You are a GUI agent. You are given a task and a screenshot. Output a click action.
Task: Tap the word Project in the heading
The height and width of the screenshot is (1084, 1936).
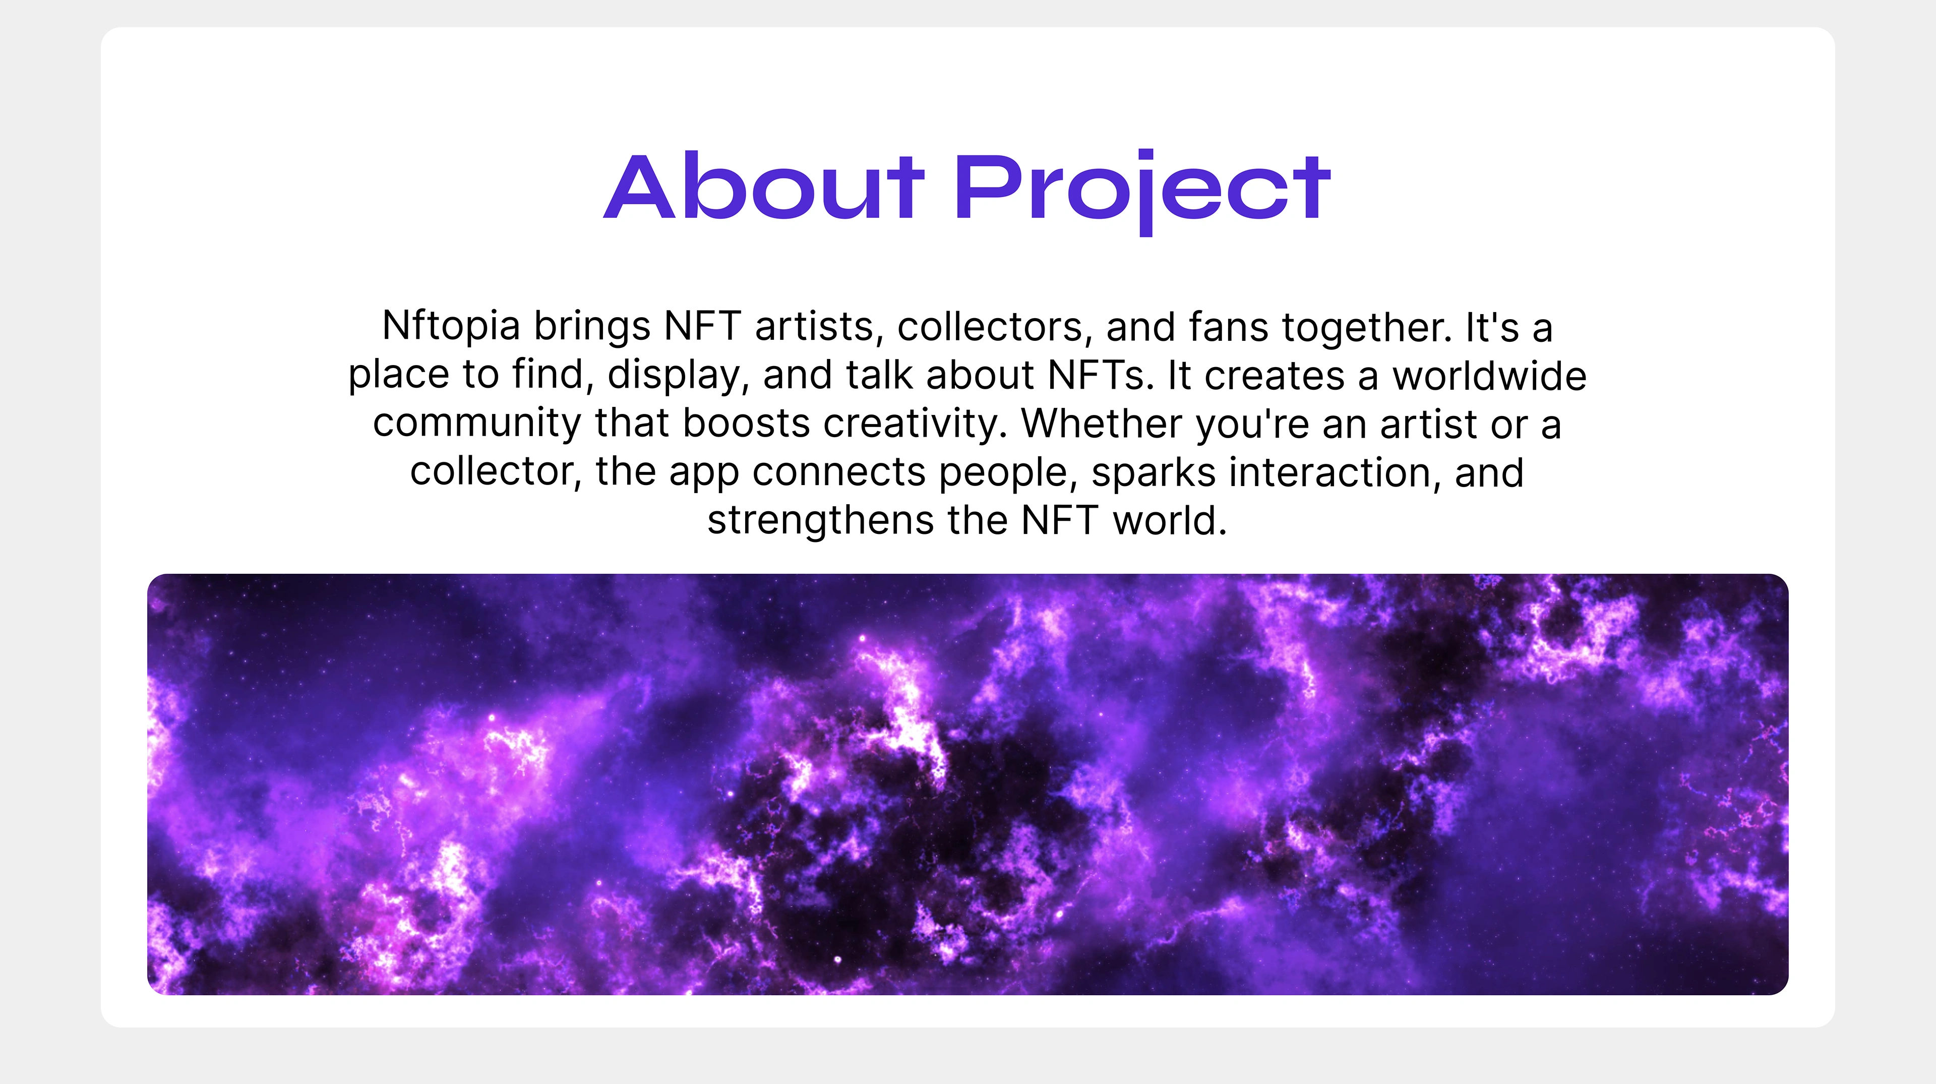[1142, 192]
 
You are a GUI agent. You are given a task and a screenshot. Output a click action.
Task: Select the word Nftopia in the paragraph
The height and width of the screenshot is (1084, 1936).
[451, 327]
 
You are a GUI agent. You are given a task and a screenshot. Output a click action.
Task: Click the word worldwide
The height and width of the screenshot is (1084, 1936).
[1490, 375]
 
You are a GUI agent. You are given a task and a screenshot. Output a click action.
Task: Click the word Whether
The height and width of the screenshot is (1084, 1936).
[1102, 423]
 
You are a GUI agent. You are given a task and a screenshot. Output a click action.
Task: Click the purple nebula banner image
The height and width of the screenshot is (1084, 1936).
[967, 784]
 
